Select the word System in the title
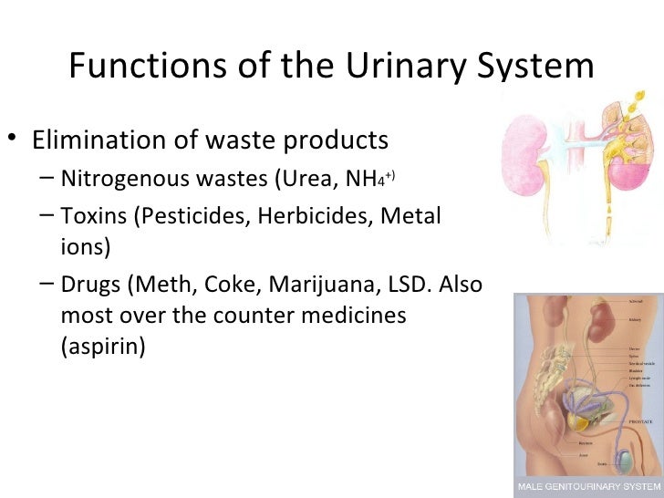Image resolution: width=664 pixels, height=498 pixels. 538,67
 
